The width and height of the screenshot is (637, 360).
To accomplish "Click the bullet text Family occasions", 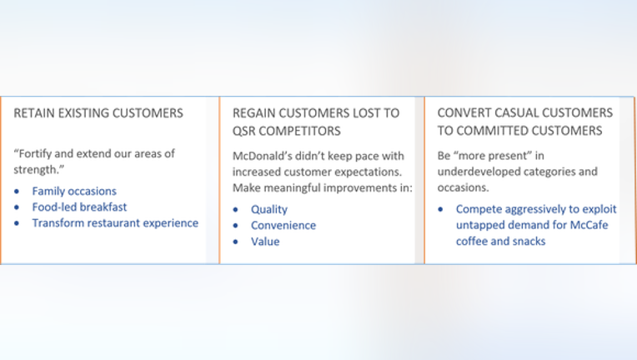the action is (74, 191).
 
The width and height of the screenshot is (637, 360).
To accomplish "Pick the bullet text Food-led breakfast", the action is (80, 207).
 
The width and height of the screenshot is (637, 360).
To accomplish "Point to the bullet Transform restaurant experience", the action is (115, 223).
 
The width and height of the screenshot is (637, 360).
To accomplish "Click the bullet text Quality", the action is (269, 209).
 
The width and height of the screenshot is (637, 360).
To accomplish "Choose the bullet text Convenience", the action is (283, 225).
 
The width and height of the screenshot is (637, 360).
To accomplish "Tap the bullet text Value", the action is (265, 242).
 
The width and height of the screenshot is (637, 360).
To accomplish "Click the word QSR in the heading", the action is (243, 131).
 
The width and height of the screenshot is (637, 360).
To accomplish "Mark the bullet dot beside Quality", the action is (236, 210).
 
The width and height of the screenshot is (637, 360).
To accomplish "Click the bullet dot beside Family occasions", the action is (17, 192).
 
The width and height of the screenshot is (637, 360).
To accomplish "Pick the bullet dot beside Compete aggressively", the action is (441, 209).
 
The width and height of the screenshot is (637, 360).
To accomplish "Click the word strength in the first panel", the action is (36, 170).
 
